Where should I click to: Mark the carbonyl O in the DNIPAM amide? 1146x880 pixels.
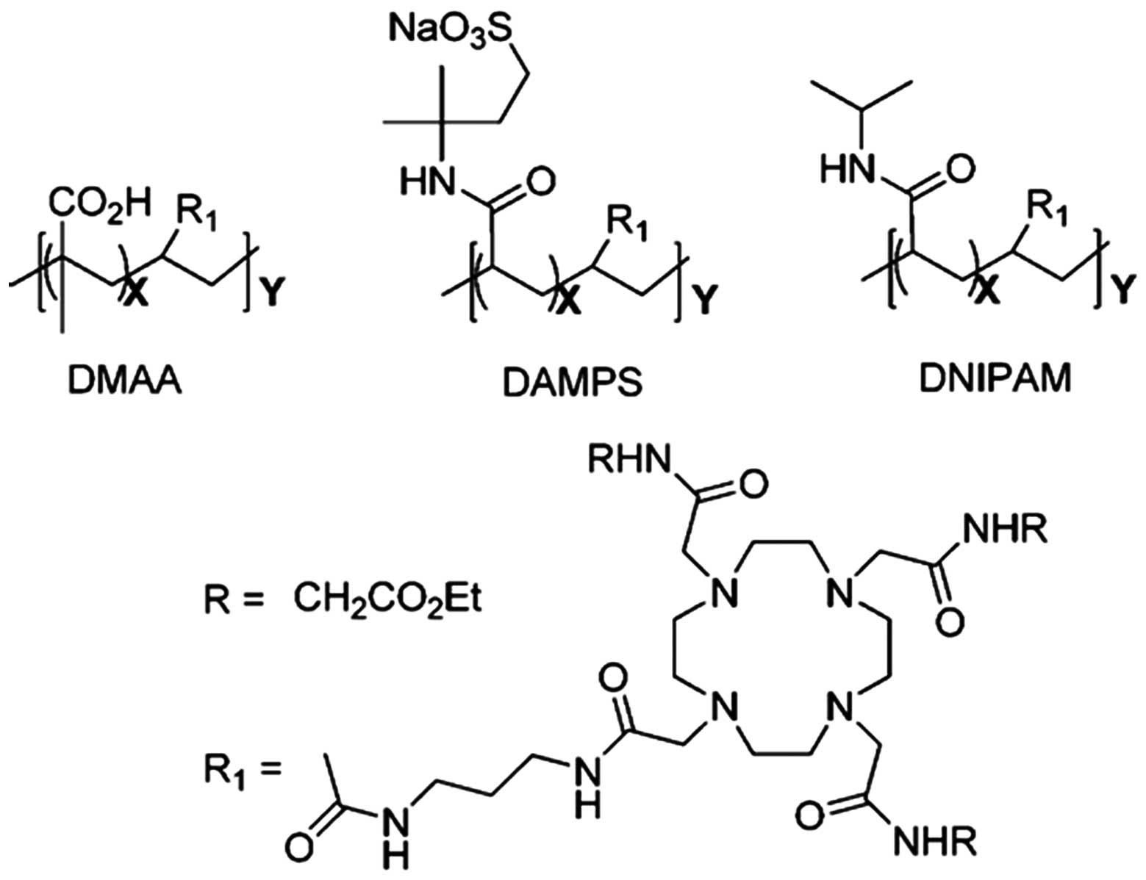[957, 171]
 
